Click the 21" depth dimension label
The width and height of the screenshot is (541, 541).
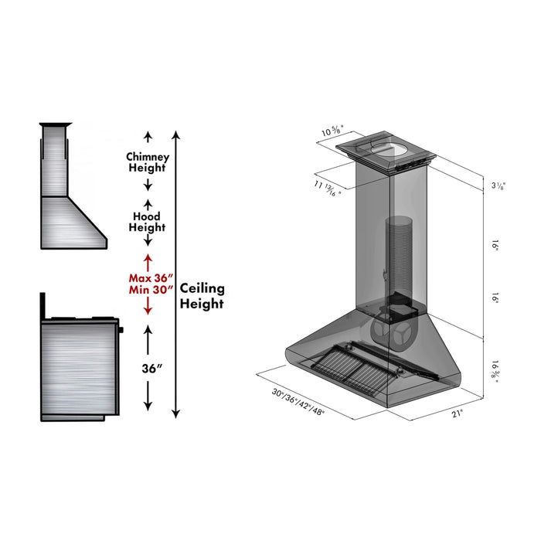pyautogui.click(x=458, y=413)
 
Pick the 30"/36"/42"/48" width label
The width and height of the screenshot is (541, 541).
pyautogui.click(x=298, y=403)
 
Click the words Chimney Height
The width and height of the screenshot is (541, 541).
pyautogui.click(x=148, y=162)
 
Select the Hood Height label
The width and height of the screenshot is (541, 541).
pyautogui.click(x=148, y=222)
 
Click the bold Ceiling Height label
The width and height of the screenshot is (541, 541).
pyautogui.click(x=202, y=296)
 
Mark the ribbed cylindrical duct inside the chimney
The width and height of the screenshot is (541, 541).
pyautogui.click(x=400, y=255)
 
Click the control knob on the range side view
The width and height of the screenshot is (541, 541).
pyautogui.click(x=121, y=330)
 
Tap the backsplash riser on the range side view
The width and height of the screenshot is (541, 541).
pyautogui.click(x=45, y=306)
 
